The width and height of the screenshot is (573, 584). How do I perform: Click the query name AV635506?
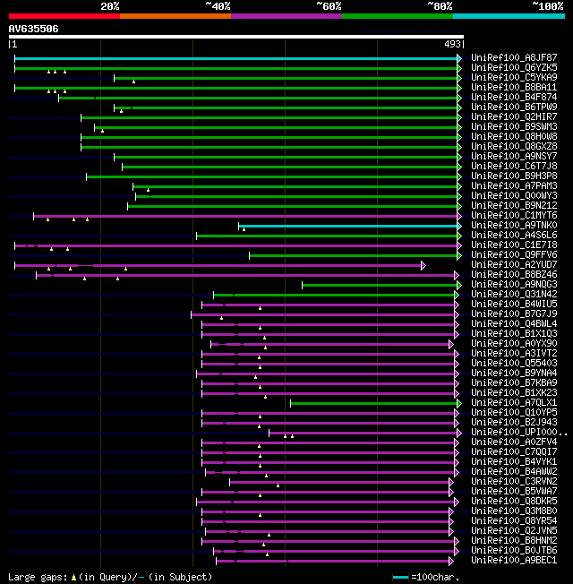pyautogui.click(x=33, y=29)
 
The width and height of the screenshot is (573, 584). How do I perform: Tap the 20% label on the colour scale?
pyautogui.click(x=110, y=6)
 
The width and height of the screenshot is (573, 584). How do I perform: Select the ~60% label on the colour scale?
pyautogui.click(x=329, y=6)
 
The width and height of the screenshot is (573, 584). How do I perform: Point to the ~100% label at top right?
pyautogui.click(x=548, y=6)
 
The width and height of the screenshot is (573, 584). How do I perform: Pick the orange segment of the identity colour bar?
pyautogui.click(x=175, y=16)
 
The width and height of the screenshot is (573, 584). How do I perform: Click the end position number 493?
pyautogui.click(x=452, y=43)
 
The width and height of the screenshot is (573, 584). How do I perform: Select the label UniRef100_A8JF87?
pyautogui.click(x=513, y=58)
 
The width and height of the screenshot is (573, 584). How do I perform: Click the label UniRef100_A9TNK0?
pyautogui.click(x=513, y=226)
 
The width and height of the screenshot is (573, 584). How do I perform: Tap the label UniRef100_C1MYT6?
pyautogui.click(x=513, y=216)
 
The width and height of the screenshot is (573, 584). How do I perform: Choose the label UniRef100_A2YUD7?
pyautogui.click(x=513, y=265)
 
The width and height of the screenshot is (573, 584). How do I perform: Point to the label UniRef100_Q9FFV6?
pyautogui.click(x=513, y=255)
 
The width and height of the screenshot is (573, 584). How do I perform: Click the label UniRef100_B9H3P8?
pyautogui.click(x=513, y=176)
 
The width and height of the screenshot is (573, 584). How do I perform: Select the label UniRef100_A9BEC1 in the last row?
pyautogui.click(x=513, y=561)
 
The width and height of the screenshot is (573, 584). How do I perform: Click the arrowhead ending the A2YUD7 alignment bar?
pyautogui.click(x=423, y=265)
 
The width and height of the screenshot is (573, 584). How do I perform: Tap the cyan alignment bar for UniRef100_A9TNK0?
pyautogui.click(x=349, y=226)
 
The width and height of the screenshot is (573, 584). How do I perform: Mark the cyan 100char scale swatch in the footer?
pyautogui.click(x=400, y=577)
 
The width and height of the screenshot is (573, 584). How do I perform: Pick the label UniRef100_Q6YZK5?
pyautogui.click(x=513, y=68)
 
